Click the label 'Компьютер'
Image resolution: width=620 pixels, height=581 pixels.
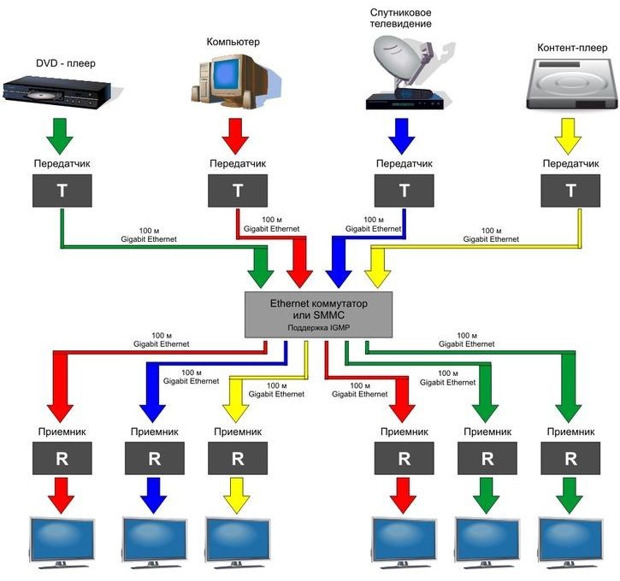point(233,41)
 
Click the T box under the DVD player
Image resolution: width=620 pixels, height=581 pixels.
point(61,190)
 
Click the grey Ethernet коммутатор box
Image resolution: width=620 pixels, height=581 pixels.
point(318,313)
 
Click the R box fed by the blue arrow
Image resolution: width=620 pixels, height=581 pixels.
point(154,457)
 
